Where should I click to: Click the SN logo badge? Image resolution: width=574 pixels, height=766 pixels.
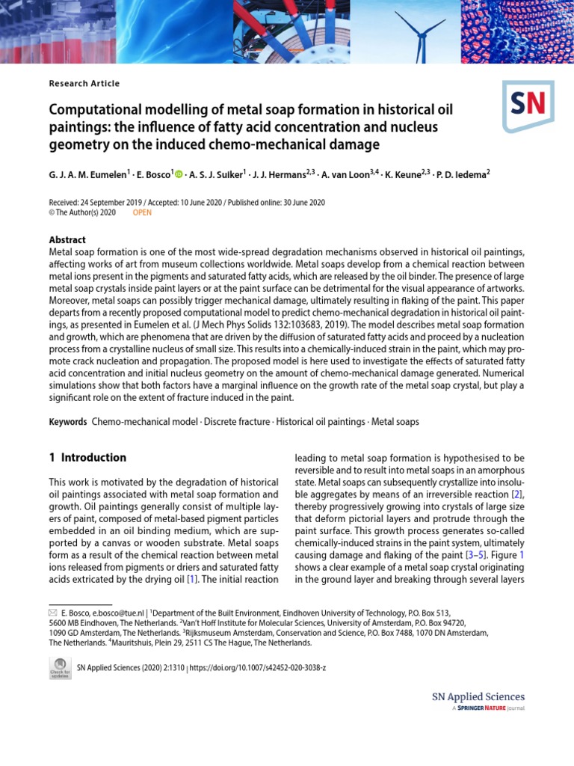[528, 105]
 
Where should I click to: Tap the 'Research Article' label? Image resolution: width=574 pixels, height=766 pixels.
[84, 84]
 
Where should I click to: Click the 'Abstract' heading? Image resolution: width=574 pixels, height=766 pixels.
[67, 240]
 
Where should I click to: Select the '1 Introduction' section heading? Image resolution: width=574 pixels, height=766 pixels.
[87, 458]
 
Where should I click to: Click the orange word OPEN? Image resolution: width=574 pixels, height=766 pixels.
[142, 212]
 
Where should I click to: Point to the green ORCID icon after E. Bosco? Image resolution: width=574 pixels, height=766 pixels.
[178, 174]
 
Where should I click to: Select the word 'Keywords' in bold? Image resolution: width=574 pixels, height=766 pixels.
[68, 422]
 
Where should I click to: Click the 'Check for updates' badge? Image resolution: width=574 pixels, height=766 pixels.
[60, 668]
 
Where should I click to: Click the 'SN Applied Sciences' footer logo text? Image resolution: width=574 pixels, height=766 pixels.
[478, 697]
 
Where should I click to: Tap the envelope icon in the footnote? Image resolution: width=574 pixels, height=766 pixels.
[53, 612]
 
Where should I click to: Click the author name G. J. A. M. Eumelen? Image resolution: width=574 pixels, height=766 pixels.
[89, 174]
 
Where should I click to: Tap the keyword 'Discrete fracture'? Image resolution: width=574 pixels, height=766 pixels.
[236, 422]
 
